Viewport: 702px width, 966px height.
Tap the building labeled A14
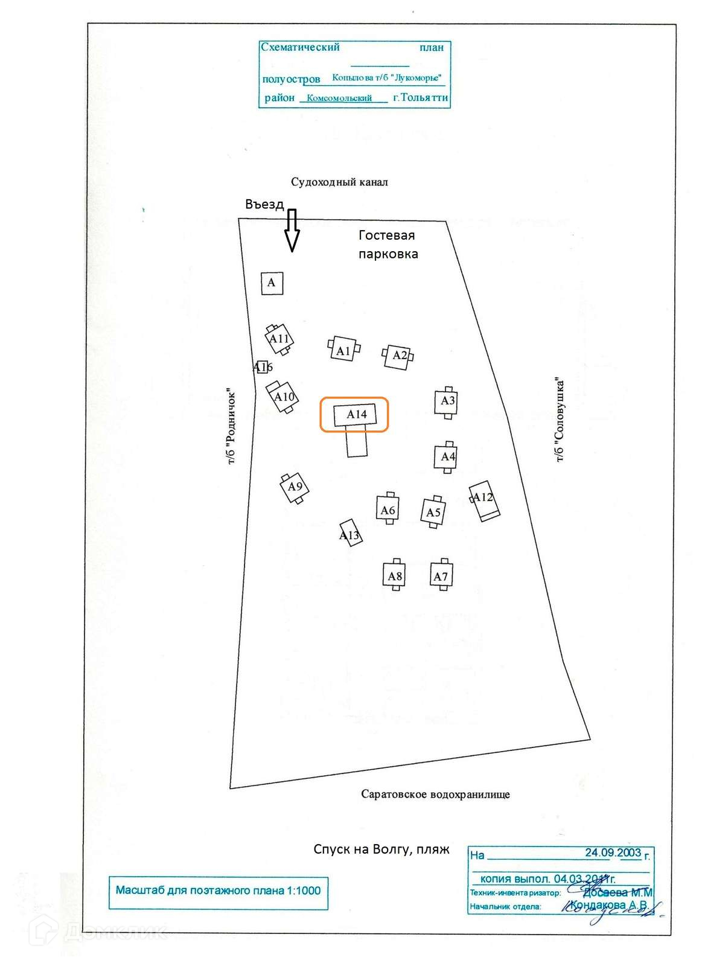356,415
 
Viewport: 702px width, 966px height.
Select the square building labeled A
272,283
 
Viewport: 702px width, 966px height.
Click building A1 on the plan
343,350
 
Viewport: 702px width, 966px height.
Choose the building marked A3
447,401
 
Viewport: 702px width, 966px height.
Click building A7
441,576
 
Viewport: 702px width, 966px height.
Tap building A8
395,576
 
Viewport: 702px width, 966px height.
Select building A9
295,487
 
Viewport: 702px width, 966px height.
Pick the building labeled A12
485,501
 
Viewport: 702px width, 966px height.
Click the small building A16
263,367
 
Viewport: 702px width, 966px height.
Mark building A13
351,533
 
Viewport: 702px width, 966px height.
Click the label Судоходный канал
339,182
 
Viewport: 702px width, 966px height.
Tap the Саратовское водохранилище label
435,795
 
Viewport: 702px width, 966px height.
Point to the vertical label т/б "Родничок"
231,426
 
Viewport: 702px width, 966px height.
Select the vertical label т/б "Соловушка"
560,420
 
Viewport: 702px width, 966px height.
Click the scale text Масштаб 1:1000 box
218,891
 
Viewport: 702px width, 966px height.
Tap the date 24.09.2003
613,852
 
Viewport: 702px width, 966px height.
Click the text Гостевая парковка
388,245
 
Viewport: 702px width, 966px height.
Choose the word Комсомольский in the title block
339,98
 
